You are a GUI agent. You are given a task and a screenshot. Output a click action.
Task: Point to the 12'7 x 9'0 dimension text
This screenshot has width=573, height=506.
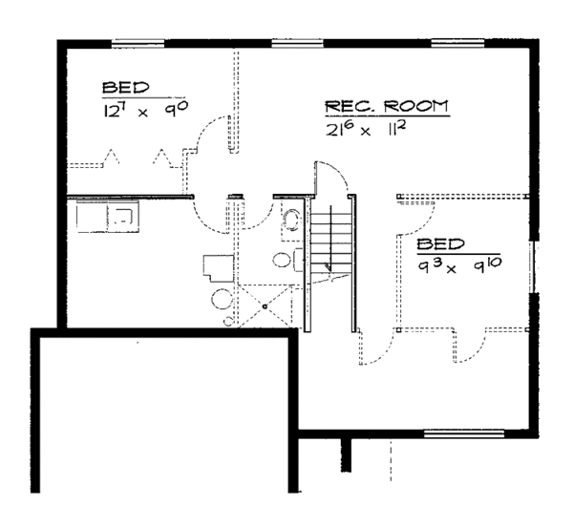(x=142, y=110)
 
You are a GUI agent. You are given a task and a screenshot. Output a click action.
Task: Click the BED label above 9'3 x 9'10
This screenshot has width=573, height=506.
(x=440, y=244)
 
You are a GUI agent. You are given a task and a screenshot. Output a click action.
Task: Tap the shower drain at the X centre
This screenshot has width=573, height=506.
(x=265, y=306)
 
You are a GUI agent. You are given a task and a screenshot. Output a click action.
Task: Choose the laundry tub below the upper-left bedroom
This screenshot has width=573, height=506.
(x=109, y=216)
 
